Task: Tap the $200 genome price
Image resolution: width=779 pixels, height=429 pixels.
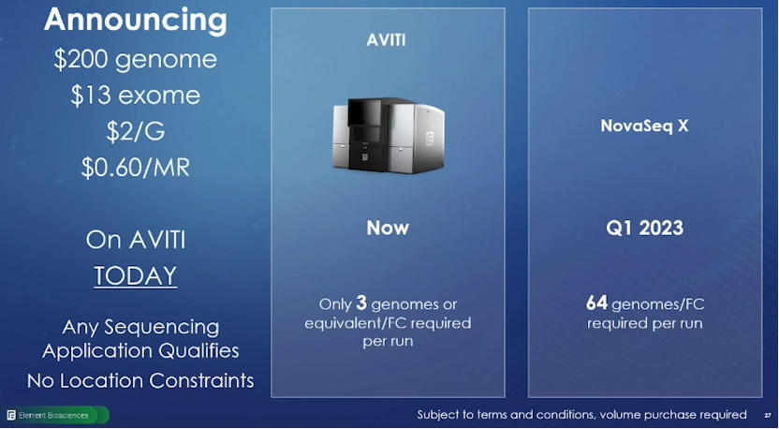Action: [x=136, y=60]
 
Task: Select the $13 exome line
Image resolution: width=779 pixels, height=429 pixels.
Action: [x=135, y=96]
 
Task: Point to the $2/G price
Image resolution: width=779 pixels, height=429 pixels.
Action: [x=135, y=132]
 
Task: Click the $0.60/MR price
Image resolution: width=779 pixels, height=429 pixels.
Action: [x=135, y=168]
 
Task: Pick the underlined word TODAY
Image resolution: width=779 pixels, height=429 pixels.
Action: [x=136, y=276]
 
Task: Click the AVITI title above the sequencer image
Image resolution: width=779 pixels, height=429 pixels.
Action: [x=386, y=40]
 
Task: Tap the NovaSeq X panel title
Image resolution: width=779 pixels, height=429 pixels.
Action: [x=644, y=126]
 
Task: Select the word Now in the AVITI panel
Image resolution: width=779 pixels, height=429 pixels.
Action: [x=388, y=229]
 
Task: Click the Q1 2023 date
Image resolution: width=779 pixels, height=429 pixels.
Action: [x=644, y=229]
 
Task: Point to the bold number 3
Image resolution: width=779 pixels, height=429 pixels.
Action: [x=361, y=303]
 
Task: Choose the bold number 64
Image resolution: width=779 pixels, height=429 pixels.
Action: [x=596, y=303]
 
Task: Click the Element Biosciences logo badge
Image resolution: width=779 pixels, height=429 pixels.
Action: [x=57, y=415]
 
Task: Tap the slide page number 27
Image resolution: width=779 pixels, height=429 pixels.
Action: [x=767, y=416]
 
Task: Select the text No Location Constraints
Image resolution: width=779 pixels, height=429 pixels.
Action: [x=140, y=381]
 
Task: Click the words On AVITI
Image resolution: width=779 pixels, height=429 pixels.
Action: [x=136, y=240]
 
